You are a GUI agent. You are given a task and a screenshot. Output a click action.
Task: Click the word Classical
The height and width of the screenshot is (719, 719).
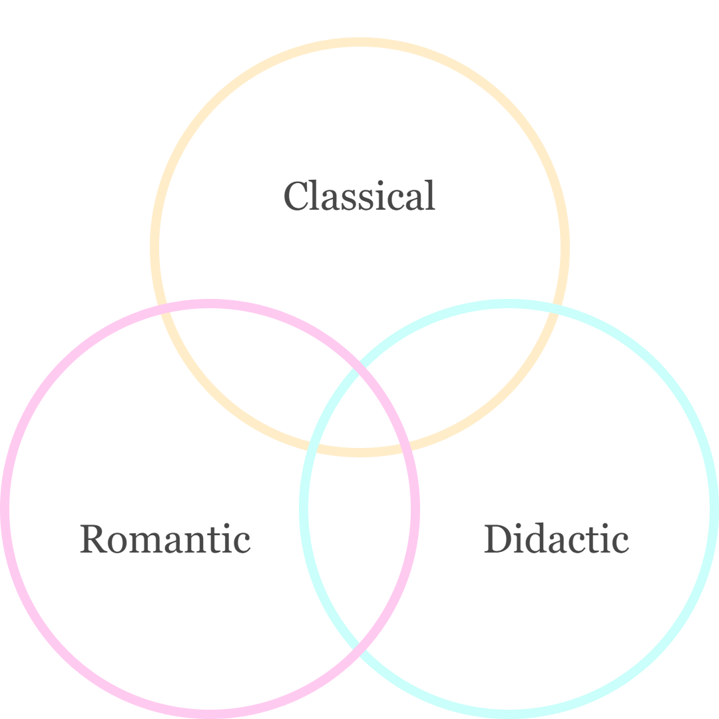359,196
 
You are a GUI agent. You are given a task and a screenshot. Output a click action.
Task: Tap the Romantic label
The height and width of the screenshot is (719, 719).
165,539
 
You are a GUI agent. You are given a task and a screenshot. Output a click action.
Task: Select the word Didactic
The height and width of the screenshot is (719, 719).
556,539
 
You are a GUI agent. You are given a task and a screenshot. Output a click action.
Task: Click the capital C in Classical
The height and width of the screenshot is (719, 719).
295,196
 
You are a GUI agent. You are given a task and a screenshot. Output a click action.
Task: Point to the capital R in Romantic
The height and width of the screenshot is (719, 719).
92,539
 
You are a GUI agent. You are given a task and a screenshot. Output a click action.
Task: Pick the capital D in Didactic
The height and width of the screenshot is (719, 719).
495,539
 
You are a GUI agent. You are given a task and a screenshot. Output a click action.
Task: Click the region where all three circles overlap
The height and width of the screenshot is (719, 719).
359,419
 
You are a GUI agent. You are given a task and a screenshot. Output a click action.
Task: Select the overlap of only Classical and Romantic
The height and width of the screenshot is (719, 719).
246,373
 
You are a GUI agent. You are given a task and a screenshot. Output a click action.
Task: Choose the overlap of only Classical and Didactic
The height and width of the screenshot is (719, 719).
473,373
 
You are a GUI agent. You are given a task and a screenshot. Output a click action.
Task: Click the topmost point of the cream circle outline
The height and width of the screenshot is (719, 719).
359,43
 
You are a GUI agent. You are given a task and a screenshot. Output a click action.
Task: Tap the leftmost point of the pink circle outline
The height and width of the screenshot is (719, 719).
5,509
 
